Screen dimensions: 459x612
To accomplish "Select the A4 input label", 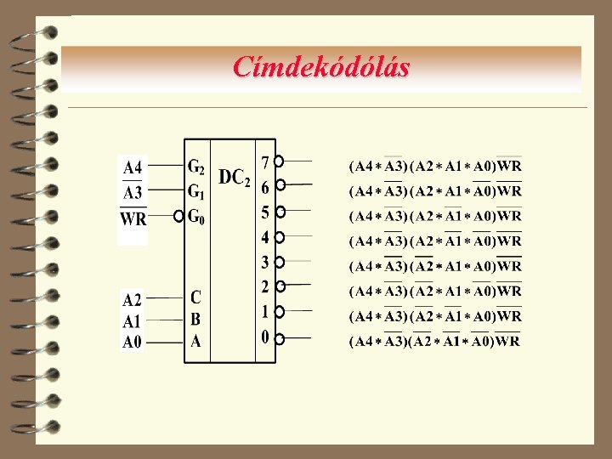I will [133, 166].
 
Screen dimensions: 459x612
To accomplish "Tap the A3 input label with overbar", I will [133, 193].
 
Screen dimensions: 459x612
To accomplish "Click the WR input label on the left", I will [133, 219].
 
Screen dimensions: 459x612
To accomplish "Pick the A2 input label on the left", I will [132, 299].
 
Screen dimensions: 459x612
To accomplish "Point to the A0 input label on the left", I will [132, 343].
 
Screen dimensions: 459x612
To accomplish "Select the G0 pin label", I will [196, 216].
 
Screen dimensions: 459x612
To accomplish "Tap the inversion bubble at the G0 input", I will [178, 217].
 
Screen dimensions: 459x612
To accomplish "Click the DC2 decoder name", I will [235, 178].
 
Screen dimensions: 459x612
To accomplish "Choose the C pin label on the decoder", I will [196, 298].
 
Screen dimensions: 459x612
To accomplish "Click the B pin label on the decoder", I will [196, 320].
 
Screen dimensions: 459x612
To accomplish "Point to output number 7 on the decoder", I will [265, 161].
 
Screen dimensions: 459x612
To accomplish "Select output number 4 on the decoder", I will [265, 235].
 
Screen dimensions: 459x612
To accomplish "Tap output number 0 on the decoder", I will [265, 337].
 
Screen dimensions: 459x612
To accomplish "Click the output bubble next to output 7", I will [280, 160].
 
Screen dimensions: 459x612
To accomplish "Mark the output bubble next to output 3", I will [280, 263].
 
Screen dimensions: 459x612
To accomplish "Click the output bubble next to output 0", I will [280, 338].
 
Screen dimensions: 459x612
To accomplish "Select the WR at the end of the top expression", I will [509, 165].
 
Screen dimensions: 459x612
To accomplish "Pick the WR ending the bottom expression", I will [507, 342].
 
